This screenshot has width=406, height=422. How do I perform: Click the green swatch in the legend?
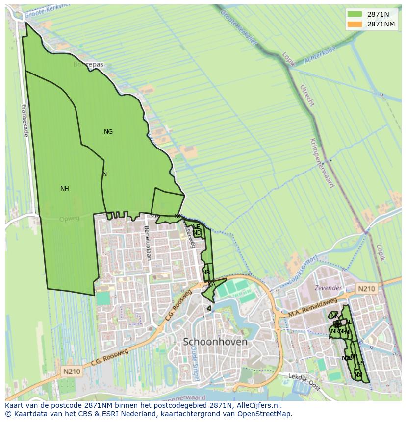(355, 14)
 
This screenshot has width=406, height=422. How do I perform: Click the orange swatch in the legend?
(355, 24)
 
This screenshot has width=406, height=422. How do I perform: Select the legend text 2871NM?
(381, 24)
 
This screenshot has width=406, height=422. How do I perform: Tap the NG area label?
(108, 132)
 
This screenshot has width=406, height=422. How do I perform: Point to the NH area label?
(65, 189)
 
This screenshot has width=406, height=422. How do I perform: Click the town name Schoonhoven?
(215, 342)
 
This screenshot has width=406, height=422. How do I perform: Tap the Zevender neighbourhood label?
(328, 288)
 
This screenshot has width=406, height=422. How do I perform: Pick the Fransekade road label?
(25, 120)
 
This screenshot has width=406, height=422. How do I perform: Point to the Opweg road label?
(69, 219)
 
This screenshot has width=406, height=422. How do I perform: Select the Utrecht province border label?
(307, 96)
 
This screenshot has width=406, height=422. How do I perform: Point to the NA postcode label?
(211, 285)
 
